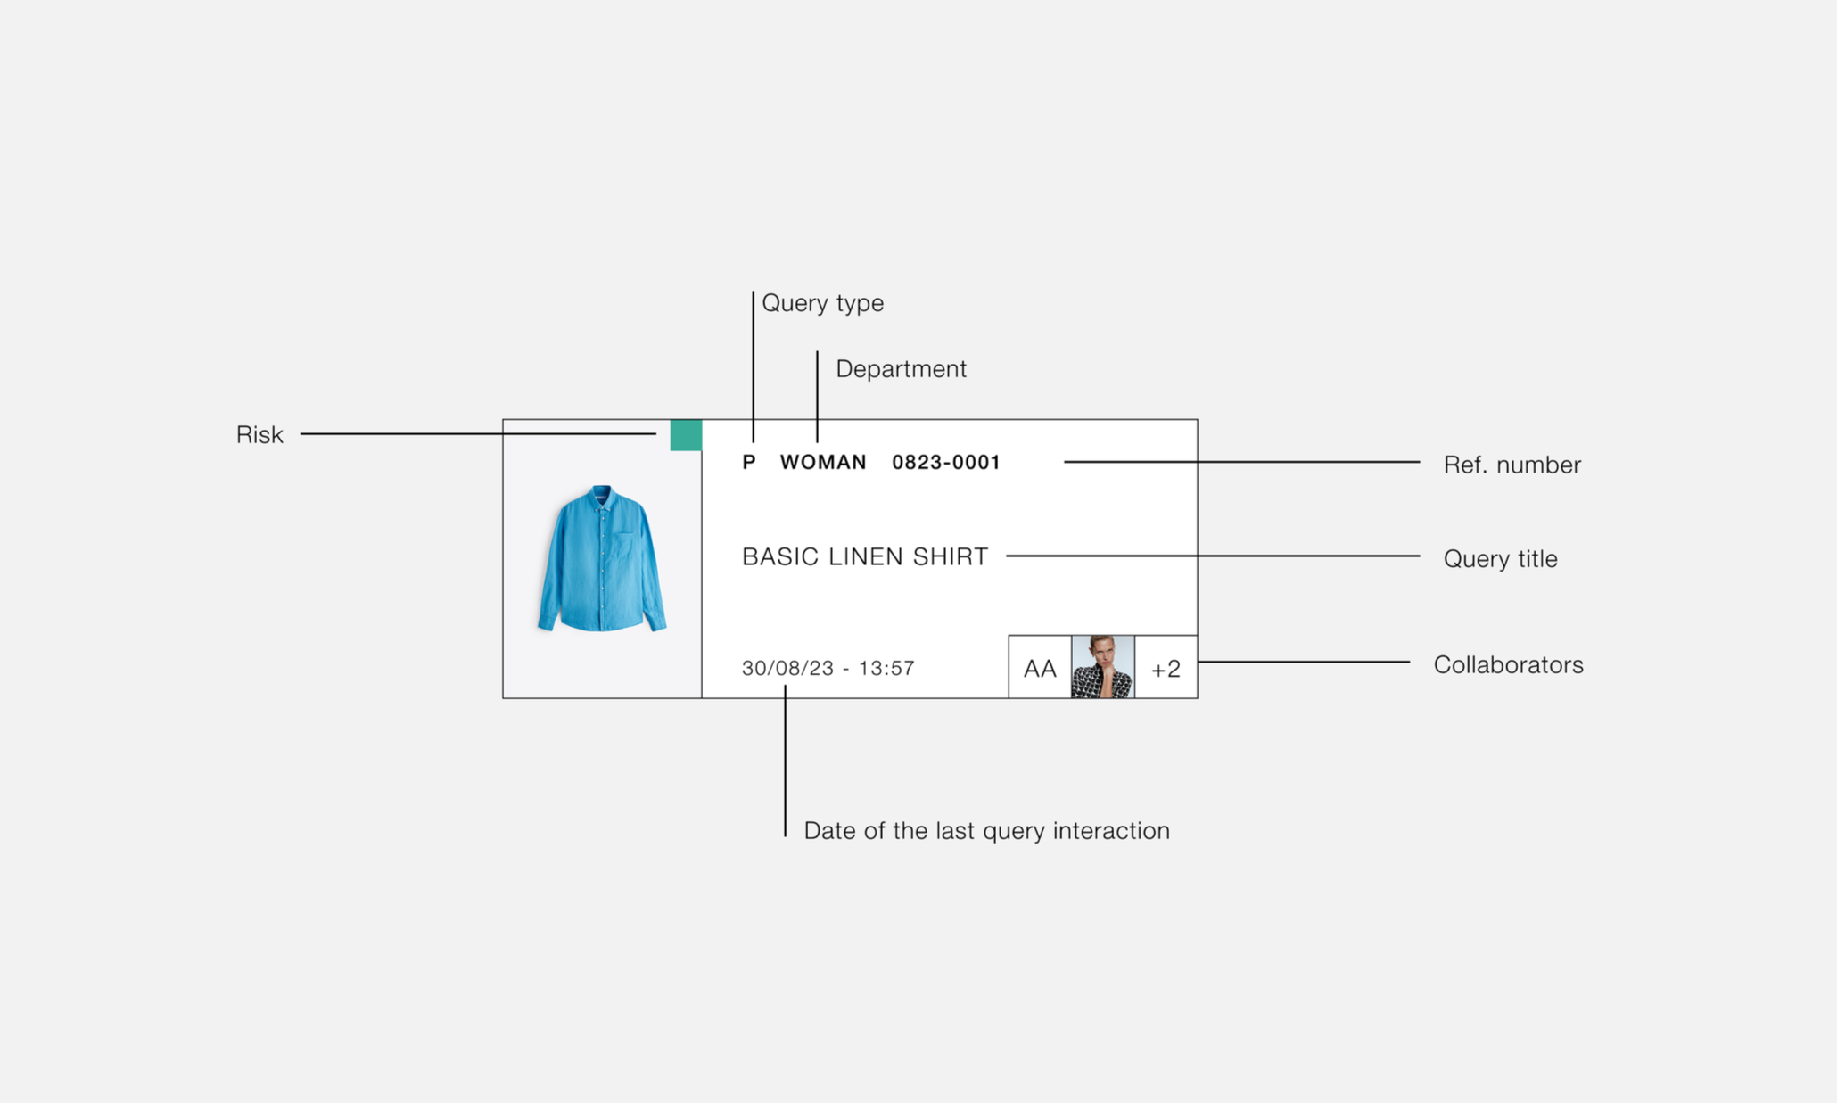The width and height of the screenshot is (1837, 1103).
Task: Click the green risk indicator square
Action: [x=686, y=435]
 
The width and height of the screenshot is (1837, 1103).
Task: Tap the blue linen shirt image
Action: [x=602, y=558]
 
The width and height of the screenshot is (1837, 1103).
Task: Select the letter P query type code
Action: [x=749, y=462]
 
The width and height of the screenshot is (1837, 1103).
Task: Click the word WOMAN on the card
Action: [x=823, y=462]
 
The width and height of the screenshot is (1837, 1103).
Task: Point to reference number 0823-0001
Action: [x=946, y=462]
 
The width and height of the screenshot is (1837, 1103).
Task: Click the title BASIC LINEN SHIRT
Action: [x=865, y=556]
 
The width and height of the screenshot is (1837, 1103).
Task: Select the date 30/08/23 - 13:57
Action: [x=828, y=668]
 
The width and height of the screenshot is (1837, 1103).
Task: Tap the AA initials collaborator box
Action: [x=1040, y=667]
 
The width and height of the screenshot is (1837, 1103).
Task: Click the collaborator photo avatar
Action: [x=1103, y=667]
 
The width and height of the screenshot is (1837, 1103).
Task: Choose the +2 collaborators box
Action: [x=1166, y=667]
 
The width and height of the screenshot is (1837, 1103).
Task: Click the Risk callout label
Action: [x=259, y=435]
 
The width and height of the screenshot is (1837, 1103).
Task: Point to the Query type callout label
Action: [x=823, y=303]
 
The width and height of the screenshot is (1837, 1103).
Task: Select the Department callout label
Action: [x=901, y=369]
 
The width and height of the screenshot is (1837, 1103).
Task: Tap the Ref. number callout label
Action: [x=1512, y=465]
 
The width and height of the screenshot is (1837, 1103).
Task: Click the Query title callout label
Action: [x=1501, y=559]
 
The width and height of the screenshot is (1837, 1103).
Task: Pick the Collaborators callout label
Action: [x=1509, y=665]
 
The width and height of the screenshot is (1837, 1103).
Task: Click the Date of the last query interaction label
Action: [x=987, y=831]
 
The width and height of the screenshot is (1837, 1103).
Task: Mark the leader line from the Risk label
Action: [x=479, y=434]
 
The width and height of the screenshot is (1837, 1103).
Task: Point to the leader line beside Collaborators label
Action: [x=1304, y=662]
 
